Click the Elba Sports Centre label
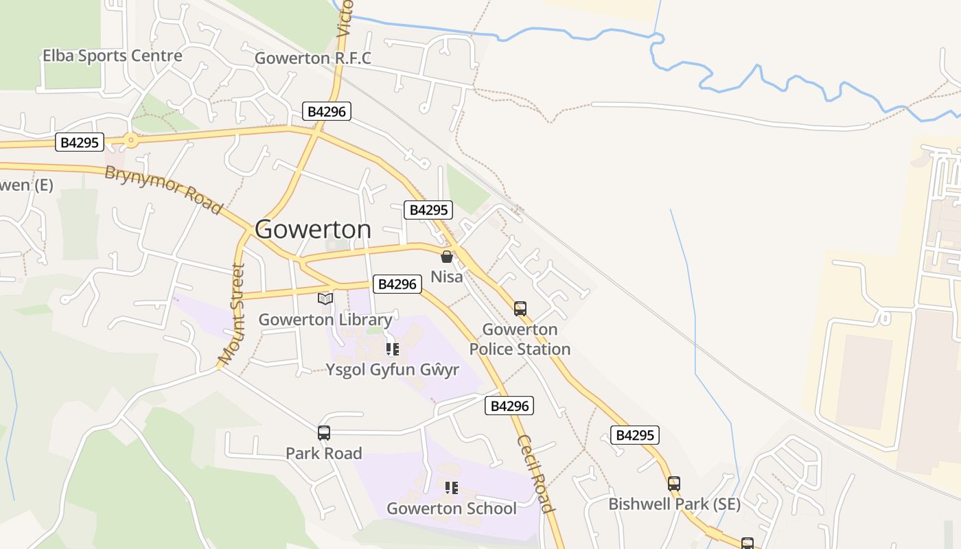coord(113,56)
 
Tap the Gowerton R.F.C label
coord(312,58)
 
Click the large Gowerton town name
coord(313,229)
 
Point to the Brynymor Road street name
coord(164,189)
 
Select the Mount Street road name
coord(232,314)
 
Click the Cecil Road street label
coord(535,474)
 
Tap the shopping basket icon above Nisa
coord(447,257)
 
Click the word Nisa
coord(447,277)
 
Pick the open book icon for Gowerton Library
coord(325,299)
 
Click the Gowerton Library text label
coord(325,320)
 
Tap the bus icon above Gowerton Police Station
coord(520,309)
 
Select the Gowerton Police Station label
coord(520,339)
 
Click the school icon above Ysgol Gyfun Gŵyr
coord(393,350)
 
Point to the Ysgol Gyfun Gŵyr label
coord(393,370)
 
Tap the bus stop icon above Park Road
coord(324,433)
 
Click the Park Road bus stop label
coord(324,454)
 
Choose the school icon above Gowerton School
coord(451,488)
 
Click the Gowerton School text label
coord(451,509)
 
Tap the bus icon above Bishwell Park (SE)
coord(674,484)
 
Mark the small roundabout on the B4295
coord(130,141)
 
